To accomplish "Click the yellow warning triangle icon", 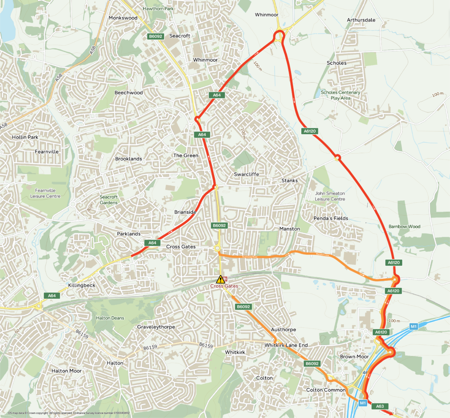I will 220,279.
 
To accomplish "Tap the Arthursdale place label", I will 361,20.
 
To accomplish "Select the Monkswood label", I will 123,18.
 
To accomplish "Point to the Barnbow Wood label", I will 404,227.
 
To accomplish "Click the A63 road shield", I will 380,406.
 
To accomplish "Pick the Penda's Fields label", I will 331,219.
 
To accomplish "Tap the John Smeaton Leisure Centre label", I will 330,196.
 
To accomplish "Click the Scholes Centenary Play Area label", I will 341,95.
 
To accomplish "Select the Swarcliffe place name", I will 247,174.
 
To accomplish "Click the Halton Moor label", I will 67,371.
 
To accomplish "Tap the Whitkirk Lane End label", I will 286,345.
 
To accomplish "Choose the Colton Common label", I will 326,390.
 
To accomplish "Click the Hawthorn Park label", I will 158,8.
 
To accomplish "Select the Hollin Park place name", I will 25,137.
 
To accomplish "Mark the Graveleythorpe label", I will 156,327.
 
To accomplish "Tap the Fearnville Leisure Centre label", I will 45,193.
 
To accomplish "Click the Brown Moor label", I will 354,357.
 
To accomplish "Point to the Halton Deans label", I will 110,318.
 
